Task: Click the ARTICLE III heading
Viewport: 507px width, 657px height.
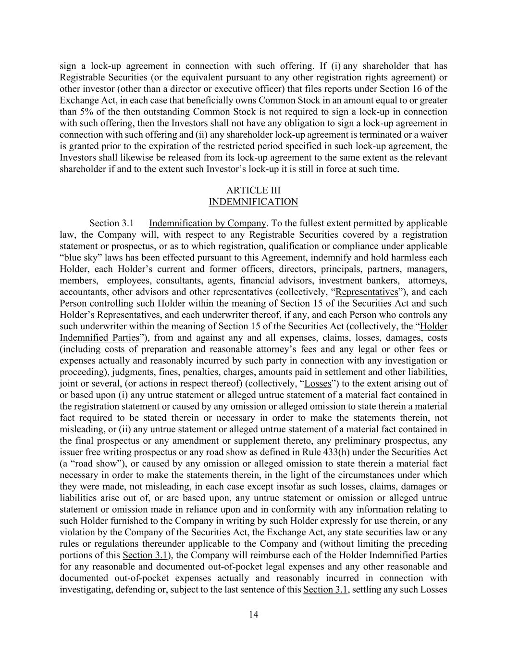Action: point(253,191)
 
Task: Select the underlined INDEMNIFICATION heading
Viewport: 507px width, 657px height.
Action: point(253,202)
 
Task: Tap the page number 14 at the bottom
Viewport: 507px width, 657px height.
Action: point(253,614)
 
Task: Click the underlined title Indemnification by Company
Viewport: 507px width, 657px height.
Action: point(207,223)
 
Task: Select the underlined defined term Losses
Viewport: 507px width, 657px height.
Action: point(318,384)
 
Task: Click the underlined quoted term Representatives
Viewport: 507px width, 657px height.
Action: point(367,292)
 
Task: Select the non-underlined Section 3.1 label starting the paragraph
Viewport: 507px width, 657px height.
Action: point(111,223)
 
